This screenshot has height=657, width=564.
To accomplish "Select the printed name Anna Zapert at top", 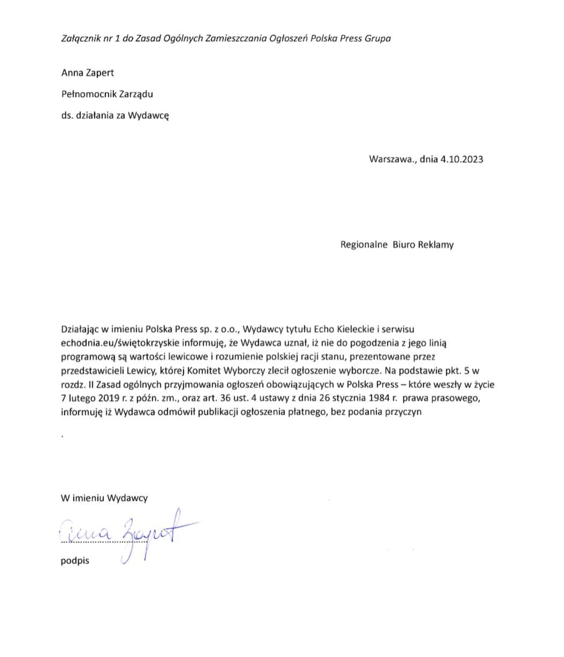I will click(x=88, y=73).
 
